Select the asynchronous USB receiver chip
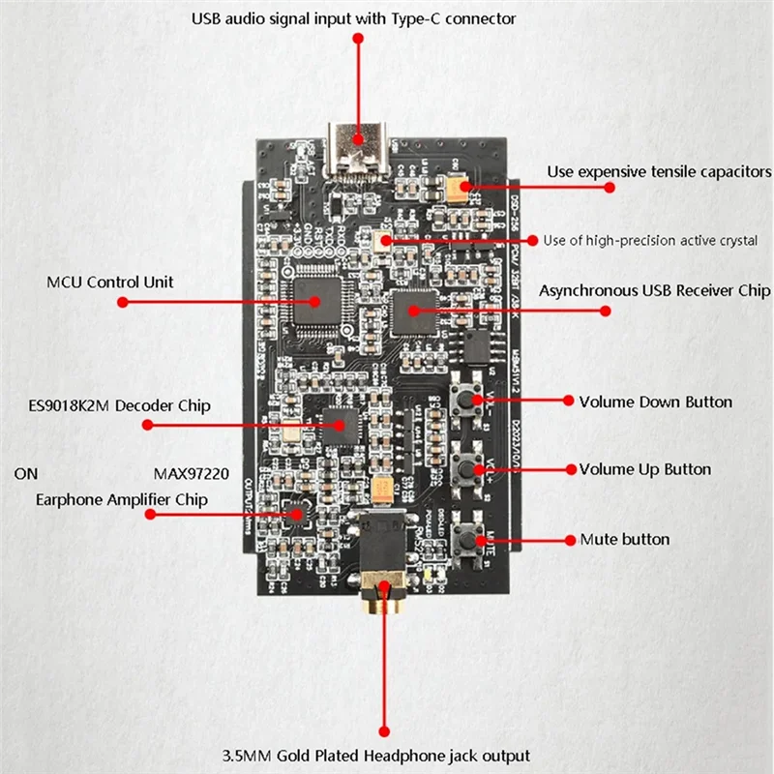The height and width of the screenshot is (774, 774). [x=410, y=311]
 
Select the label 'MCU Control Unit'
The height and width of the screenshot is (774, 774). [x=110, y=283]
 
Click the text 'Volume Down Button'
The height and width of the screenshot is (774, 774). [x=655, y=402]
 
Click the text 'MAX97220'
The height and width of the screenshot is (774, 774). [x=193, y=475]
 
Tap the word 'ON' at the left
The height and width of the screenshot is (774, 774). [x=26, y=475]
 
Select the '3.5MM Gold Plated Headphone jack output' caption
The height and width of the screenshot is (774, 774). [x=386, y=756]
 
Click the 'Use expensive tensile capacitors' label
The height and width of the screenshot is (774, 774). [x=659, y=172]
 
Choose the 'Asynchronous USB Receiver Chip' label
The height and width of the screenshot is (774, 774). [x=654, y=290]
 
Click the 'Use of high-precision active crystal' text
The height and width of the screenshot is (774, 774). [x=649, y=240]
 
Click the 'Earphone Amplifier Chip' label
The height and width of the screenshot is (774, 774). [x=121, y=500]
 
